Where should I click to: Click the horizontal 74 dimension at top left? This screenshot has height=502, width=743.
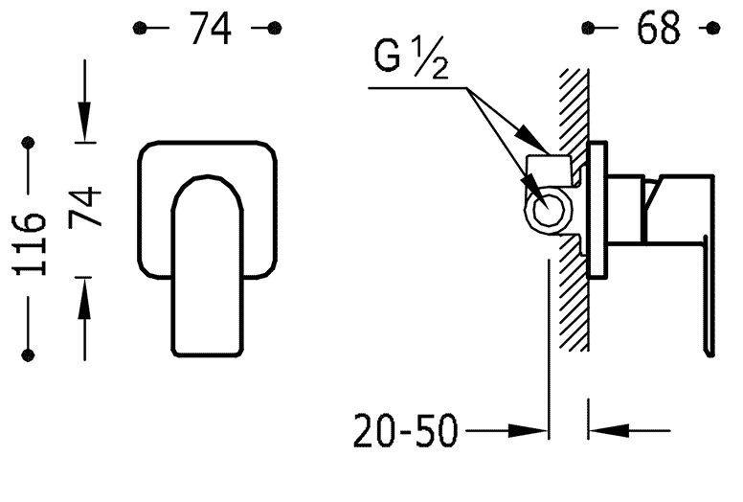211,28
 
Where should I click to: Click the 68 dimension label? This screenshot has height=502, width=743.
658,28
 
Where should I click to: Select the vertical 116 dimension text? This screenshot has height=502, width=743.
30,244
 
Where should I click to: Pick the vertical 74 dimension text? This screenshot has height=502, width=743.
85,208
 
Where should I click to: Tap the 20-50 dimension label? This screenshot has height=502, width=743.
406,431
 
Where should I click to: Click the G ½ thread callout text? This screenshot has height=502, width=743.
411,57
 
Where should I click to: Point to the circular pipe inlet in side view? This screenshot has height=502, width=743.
549,212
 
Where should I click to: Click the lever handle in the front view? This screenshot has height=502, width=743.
208,265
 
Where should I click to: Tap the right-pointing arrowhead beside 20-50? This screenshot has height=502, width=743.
528,431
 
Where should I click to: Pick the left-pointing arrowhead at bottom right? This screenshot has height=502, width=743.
609,431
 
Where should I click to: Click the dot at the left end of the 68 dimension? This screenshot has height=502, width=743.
588,28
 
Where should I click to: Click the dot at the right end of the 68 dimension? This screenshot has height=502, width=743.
713,28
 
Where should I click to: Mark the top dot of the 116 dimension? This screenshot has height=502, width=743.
29,142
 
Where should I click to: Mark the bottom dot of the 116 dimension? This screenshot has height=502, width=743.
29,355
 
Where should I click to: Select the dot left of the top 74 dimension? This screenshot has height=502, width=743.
140,28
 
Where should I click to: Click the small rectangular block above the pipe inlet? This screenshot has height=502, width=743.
549,171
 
